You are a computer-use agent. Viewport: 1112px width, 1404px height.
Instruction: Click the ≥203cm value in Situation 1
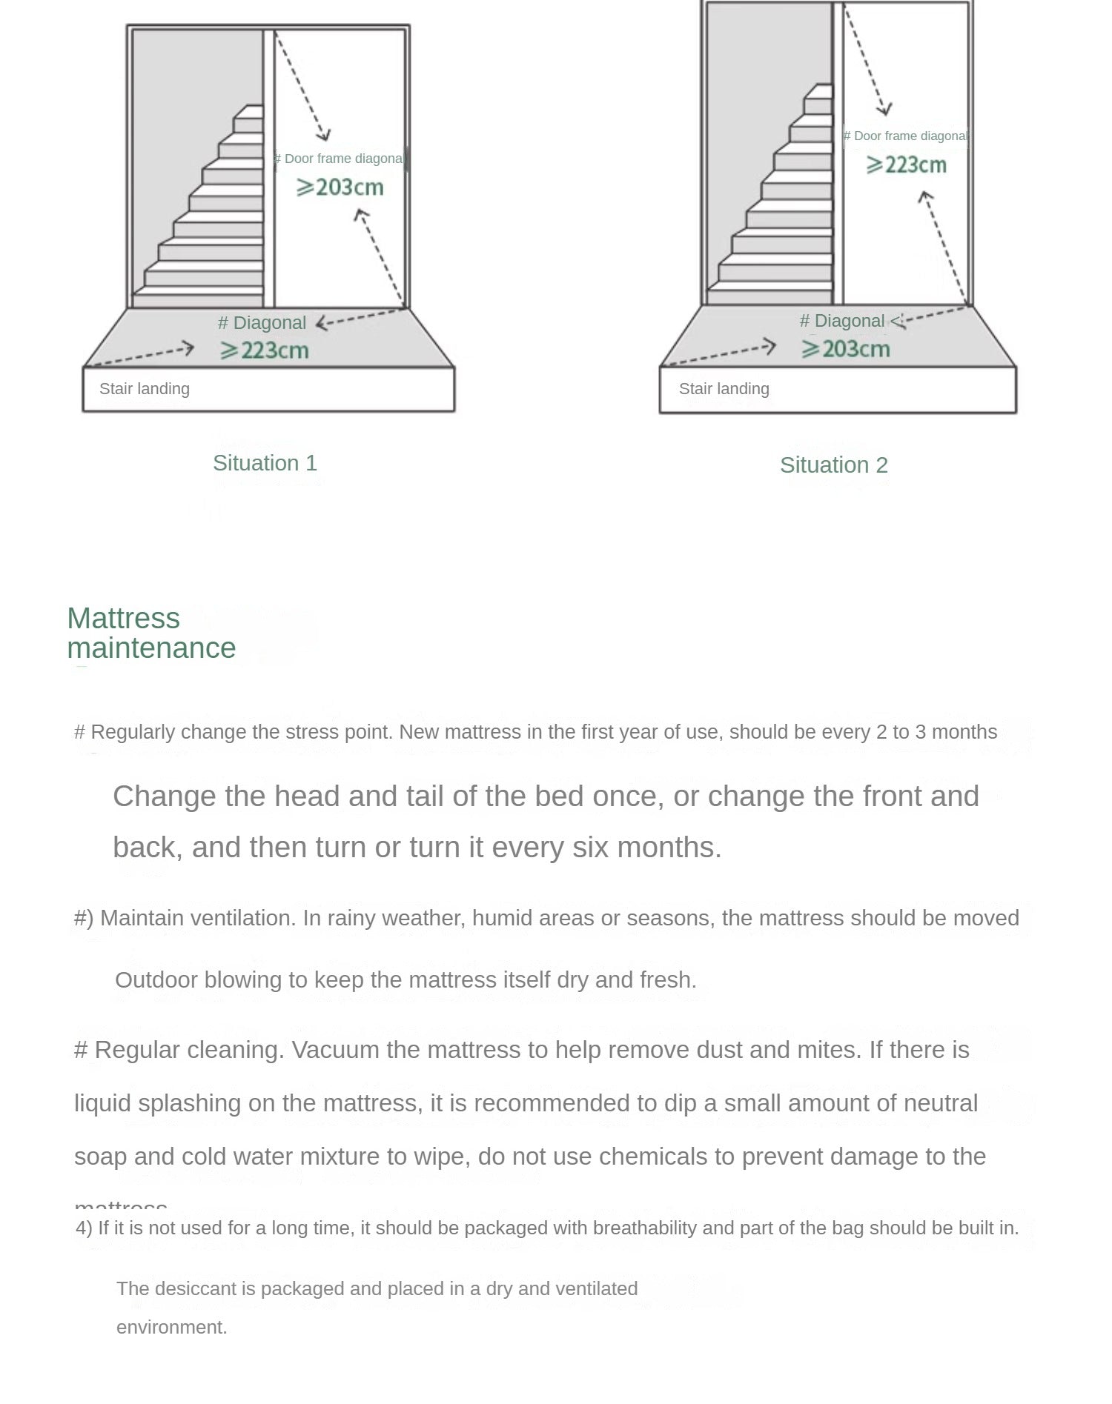click(x=340, y=187)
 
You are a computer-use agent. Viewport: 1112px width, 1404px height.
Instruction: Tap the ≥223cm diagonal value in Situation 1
click(x=265, y=350)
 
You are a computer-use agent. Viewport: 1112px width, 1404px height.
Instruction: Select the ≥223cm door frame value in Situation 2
click(x=907, y=164)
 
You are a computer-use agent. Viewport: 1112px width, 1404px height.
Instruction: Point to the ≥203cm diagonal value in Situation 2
click(x=846, y=349)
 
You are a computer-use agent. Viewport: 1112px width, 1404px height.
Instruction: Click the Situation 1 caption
click(x=265, y=463)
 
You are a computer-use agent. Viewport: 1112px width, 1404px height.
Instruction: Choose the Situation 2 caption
click(x=833, y=465)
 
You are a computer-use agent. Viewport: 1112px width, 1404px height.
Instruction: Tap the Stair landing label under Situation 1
click(x=145, y=389)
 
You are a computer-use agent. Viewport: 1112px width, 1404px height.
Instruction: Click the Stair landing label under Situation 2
click(x=724, y=389)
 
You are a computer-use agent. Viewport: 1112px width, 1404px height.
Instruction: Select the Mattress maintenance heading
click(x=151, y=633)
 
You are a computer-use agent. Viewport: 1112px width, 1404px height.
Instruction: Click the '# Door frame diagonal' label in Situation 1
click(x=340, y=159)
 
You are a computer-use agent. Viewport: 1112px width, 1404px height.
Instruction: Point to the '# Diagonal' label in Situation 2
click(x=842, y=321)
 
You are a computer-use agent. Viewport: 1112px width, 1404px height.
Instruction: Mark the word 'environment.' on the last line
click(x=172, y=1327)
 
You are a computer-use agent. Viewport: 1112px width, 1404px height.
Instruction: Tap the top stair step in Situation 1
click(x=249, y=112)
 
